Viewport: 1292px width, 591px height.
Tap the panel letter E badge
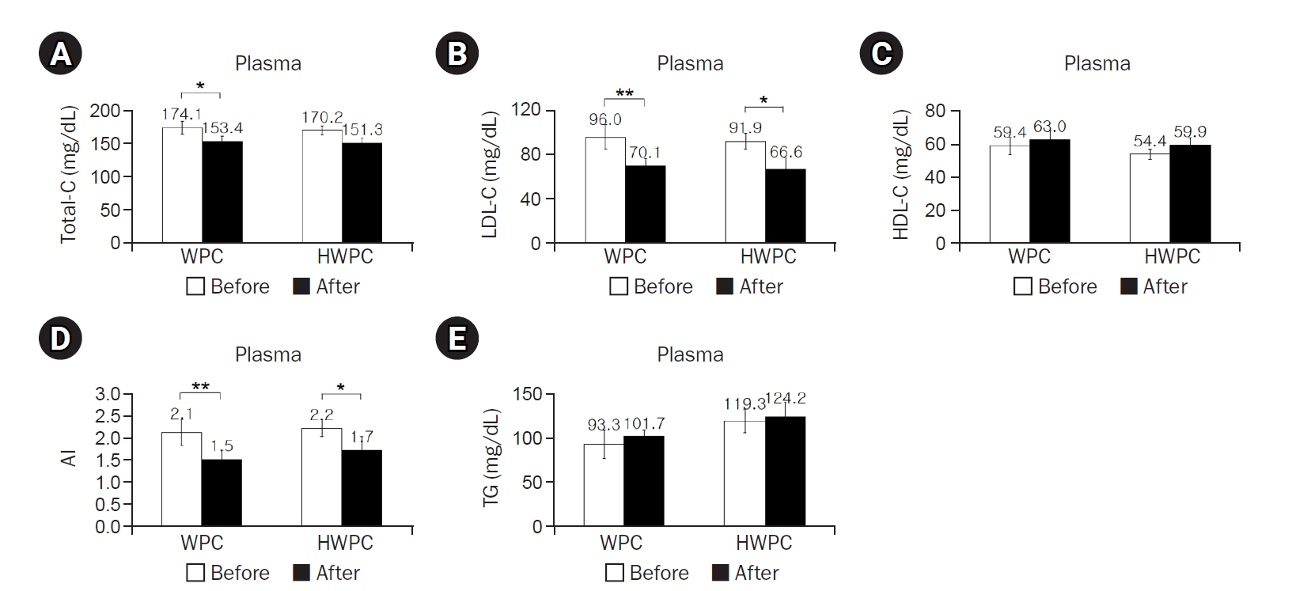coord(457,339)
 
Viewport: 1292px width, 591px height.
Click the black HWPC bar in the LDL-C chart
coord(785,206)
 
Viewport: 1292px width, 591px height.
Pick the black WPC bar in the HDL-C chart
coord(1049,191)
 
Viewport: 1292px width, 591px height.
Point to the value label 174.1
coord(181,114)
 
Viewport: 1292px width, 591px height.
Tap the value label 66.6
coord(786,152)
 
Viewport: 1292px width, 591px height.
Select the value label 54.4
coord(1150,141)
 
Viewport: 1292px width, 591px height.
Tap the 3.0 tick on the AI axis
coord(108,394)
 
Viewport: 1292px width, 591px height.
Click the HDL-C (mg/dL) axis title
coord(902,175)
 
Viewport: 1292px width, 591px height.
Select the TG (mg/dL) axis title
coord(491,458)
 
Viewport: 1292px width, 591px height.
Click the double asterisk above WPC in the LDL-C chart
coord(624,93)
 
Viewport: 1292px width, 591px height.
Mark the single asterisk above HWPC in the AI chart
coord(340,388)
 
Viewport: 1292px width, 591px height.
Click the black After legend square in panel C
coord(1129,286)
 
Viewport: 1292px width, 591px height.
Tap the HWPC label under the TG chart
coord(763,544)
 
